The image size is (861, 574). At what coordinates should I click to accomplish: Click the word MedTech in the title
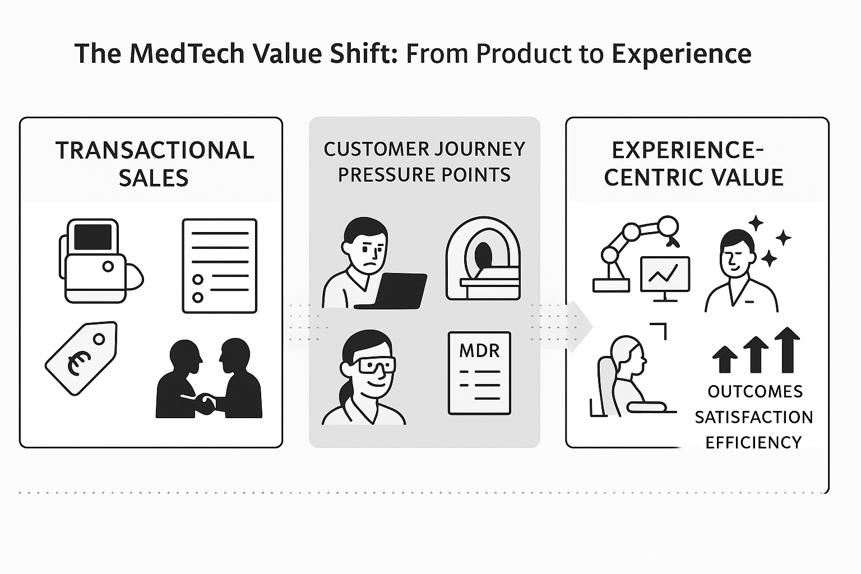(187, 53)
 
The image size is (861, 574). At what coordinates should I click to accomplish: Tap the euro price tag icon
(81, 358)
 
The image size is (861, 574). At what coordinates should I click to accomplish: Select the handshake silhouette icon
(209, 378)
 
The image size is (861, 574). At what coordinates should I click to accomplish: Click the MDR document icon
(479, 373)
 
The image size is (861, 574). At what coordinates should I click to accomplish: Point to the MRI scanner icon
(483, 259)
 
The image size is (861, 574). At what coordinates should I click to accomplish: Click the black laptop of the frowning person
(391, 291)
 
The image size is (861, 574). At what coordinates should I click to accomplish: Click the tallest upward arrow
(787, 350)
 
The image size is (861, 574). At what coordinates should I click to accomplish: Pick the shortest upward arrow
(725, 359)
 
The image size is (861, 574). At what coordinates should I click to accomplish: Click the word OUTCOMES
(755, 392)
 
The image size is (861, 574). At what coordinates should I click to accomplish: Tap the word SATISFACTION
(754, 417)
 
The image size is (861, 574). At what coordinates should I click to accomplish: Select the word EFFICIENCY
(753, 442)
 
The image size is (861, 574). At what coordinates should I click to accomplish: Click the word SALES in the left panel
(154, 178)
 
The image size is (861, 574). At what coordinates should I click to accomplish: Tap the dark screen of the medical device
(92, 237)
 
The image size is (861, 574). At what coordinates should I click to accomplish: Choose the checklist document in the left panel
(220, 266)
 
